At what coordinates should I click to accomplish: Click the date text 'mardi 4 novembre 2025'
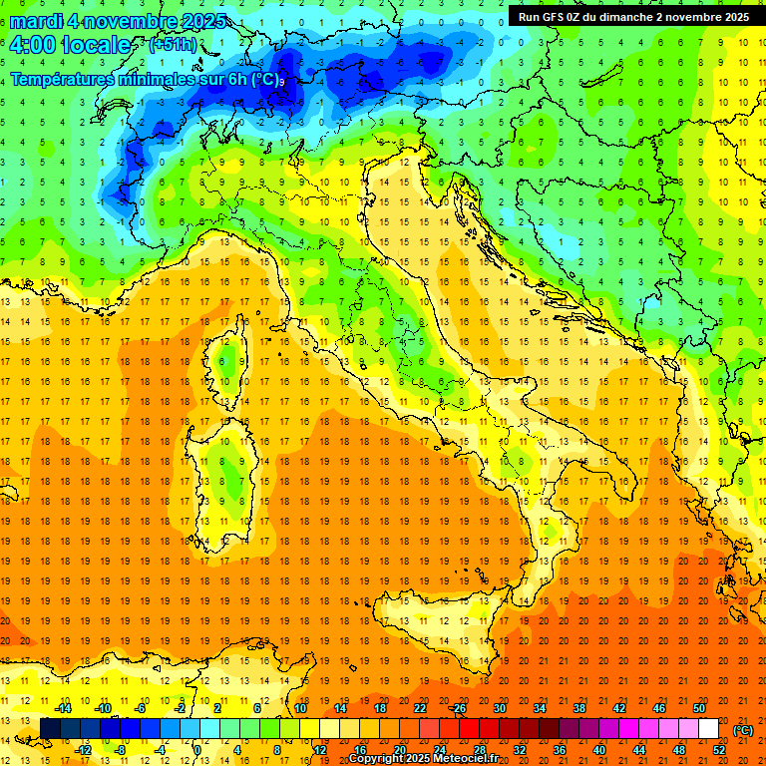[118, 21]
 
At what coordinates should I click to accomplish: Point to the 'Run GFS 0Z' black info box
[633, 17]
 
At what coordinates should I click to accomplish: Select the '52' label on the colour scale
[719, 749]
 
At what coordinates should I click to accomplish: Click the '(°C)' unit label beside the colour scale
[743, 729]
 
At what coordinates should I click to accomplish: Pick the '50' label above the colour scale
[698, 708]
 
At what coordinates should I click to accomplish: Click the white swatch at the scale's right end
[708, 729]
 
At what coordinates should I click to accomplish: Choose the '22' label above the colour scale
[420, 708]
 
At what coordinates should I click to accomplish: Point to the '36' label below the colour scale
[560, 749]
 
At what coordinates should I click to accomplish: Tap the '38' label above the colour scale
[578, 708]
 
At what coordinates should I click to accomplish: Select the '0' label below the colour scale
[197, 749]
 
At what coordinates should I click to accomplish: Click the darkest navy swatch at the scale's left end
[50, 729]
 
